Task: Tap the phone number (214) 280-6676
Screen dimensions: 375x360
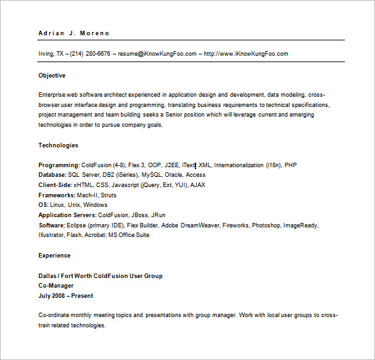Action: [90, 54]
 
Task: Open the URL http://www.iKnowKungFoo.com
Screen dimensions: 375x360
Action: [246, 54]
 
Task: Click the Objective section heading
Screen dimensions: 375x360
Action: [52, 76]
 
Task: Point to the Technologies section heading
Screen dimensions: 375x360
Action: [58, 145]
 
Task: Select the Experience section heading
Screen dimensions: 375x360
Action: [54, 256]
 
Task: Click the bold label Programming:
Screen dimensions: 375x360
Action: [59, 165]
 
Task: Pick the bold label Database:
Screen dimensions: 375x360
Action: [52, 174]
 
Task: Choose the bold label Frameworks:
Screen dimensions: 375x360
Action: [56, 195]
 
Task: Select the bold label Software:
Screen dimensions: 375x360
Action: [51, 225]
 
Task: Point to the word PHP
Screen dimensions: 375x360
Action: [290, 165]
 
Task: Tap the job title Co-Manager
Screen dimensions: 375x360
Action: [56, 286]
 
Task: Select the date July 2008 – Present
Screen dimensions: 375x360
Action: [65, 296]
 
